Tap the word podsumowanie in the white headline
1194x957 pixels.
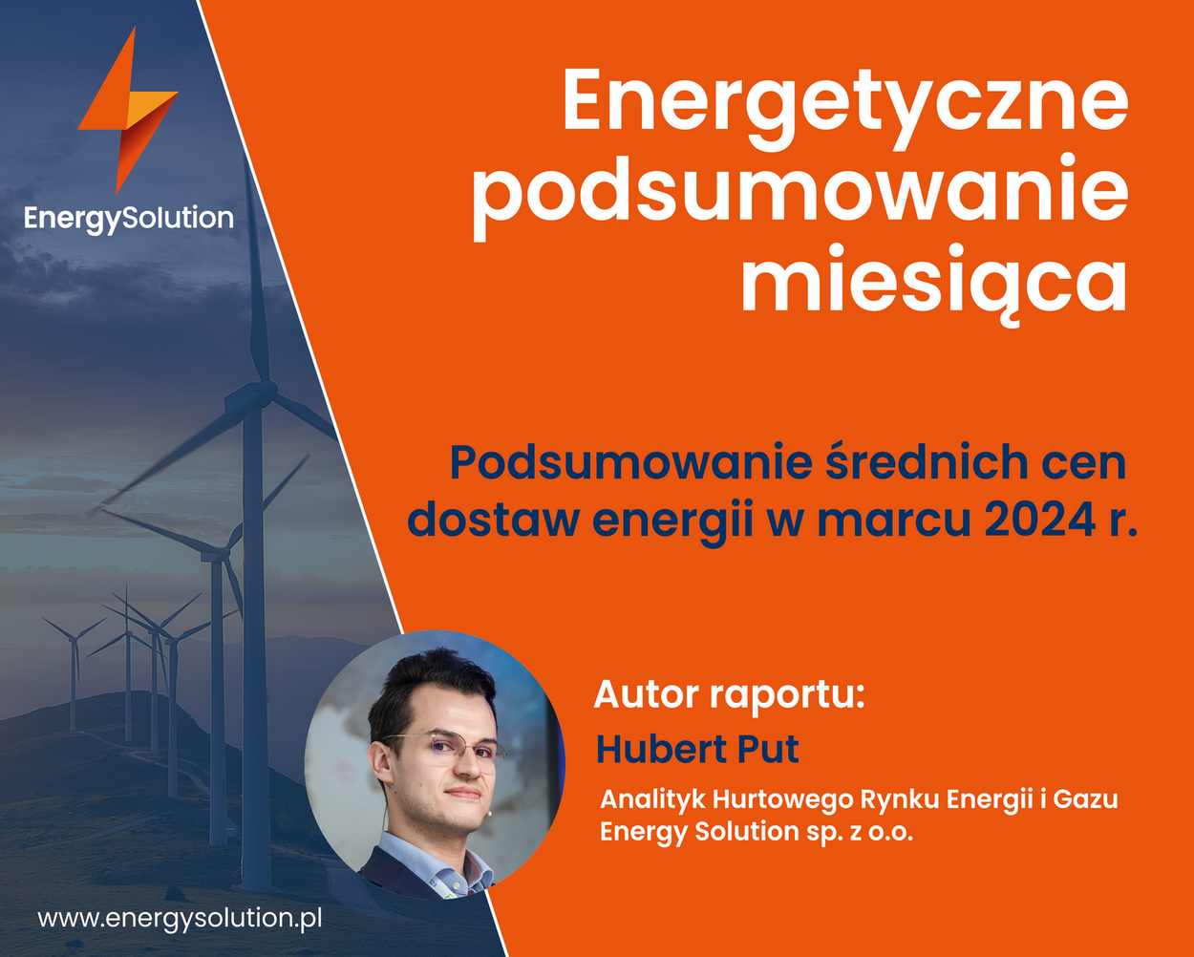[x=800, y=198]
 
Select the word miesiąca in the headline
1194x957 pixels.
[x=934, y=284]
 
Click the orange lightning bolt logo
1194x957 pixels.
[x=128, y=110]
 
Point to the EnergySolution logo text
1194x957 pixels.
[x=129, y=219]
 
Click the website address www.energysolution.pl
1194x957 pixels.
[x=180, y=918]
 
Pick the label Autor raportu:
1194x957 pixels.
[x=729, y=695]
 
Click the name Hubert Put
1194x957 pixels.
[x=697, y=750]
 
